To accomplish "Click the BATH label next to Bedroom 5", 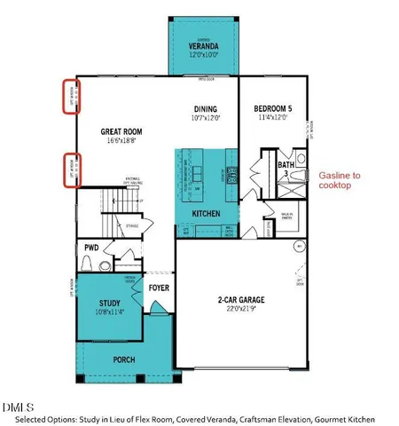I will click(x=286, y=164).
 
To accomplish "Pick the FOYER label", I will click(x=159, y=288).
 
